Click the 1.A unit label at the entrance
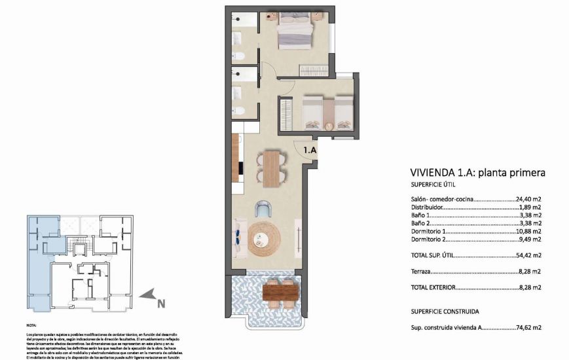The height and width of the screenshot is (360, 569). click(x=310, y=150)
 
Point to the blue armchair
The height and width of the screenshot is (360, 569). click(x=263, y=209)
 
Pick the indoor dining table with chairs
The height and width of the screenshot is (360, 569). click(x=271, y=167)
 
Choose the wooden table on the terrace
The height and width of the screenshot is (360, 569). click(x=281, y=290)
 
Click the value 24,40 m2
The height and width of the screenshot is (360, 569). click(x=528, y=199)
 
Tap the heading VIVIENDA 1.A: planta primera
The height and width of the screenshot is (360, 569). click(x=477, y=173)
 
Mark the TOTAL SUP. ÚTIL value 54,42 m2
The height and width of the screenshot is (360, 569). click(x=528, y=255)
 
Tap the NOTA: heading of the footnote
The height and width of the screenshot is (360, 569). click(x=31, y=325)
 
